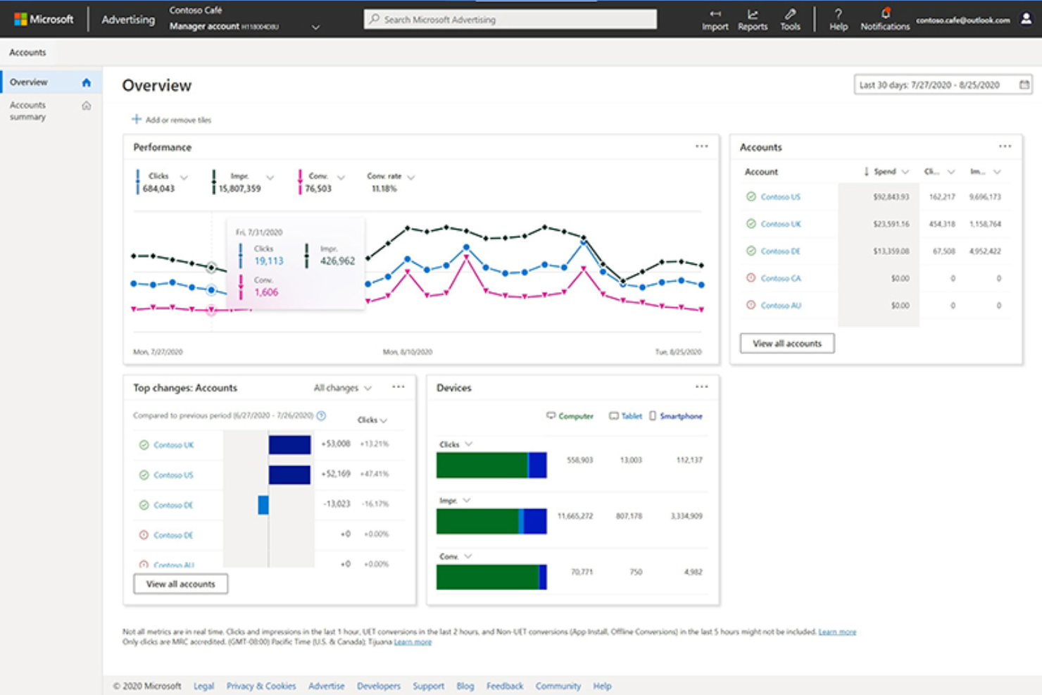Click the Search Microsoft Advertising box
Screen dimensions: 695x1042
tap(510, 19)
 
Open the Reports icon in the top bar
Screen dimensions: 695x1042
tap(752, 19)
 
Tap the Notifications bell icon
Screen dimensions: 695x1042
tap(885, 14)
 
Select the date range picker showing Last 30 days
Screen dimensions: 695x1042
tap(942, 84)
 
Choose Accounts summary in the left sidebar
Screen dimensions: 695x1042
tap(28, 111)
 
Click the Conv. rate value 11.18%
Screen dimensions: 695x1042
tap(384, 189)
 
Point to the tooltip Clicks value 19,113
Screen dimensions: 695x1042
tap(269, 261)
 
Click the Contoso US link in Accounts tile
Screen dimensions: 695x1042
tap(780, 196)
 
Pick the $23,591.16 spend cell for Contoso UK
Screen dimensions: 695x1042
tap(891, 224)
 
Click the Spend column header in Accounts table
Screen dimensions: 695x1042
tap(885, 171)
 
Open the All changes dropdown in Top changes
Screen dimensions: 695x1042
tap(342, 388)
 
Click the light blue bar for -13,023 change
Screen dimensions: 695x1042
tap(263, 505)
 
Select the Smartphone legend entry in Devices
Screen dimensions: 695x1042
tap(676, 416)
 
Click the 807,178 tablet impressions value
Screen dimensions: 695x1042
tap(629, 516)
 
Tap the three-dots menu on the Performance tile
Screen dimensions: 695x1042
tap(701, 146)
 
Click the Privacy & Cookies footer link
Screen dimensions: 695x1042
tap(260, 686)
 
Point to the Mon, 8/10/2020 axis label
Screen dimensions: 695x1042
tap(407, 351)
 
